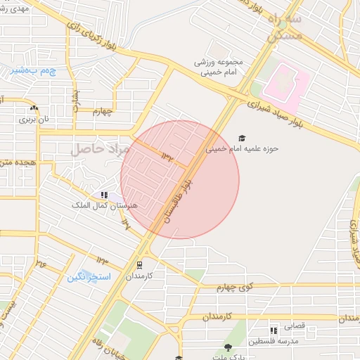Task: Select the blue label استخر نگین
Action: (x=89, y=277)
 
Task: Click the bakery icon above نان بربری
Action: (x=34, y=108)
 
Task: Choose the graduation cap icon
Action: (x=243, y=138)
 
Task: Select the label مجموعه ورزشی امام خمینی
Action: (x=219, y=67)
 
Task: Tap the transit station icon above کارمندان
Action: (x=139, y=265)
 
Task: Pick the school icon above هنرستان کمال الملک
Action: (x=104, y=195)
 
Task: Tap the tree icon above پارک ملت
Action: (x=228, y=347)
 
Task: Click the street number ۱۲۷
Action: (x=127, y=224)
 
